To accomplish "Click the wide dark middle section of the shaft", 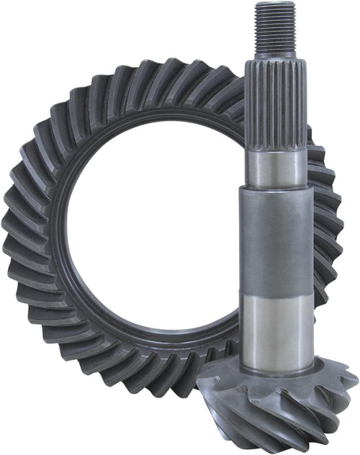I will [x=277, y=245].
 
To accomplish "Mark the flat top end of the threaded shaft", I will [x=275, y=4].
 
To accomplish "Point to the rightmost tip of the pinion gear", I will [x=354, y=378].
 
